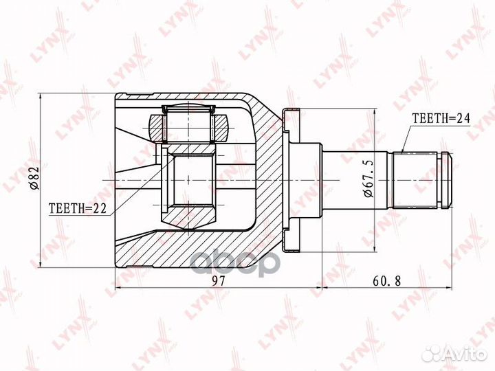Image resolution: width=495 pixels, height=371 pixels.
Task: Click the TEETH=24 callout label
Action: coord(440,118)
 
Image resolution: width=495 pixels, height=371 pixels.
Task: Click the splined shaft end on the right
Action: coord(421,179)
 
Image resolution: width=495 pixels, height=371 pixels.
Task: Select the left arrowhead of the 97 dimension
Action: coord(118,288)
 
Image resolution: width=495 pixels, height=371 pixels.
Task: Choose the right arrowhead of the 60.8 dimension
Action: coord(450,288)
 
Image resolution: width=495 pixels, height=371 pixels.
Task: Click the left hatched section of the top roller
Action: coord(156,128)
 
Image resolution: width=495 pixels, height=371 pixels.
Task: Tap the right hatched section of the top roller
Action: coord(223,128)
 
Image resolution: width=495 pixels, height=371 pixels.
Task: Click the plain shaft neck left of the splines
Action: coord(357,179)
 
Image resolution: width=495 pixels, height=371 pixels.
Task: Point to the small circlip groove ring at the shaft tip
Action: coord(445,179)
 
